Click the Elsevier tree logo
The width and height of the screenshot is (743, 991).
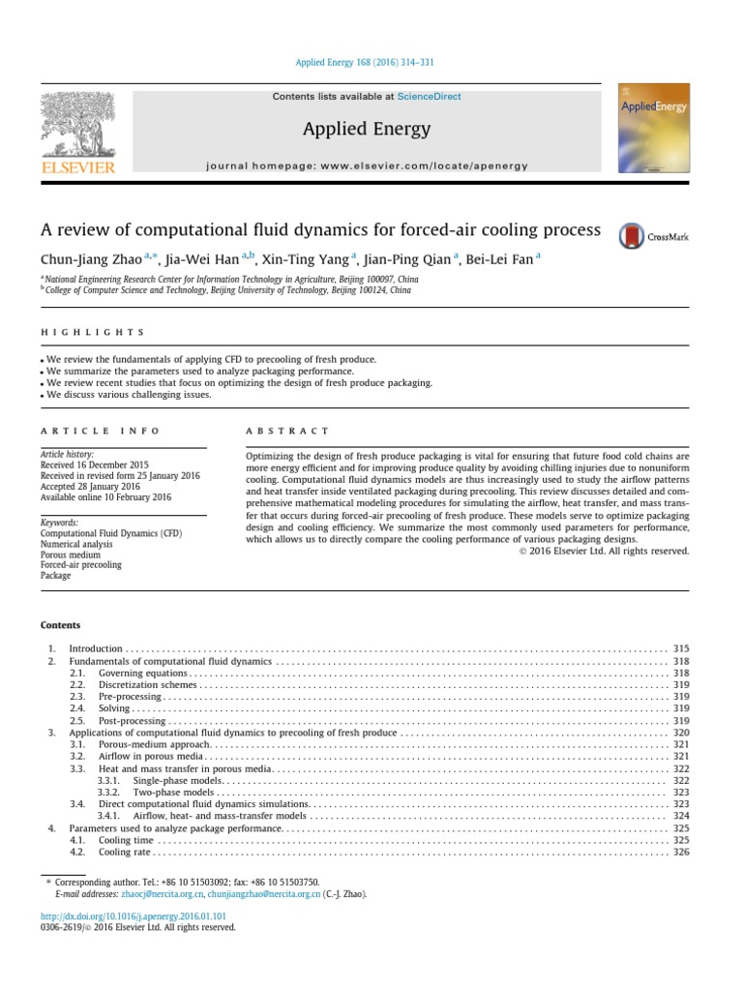click(76, 130)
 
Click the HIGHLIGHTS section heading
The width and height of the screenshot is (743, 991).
click(92, 332)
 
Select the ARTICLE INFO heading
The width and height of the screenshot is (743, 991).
click(100, 431)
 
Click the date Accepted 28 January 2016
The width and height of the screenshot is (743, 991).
click(90, 486)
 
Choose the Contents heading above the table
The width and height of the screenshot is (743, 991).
click(60, 625)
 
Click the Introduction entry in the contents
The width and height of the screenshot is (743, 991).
click(96, 648)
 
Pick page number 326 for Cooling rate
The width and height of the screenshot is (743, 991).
click(680, 853)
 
